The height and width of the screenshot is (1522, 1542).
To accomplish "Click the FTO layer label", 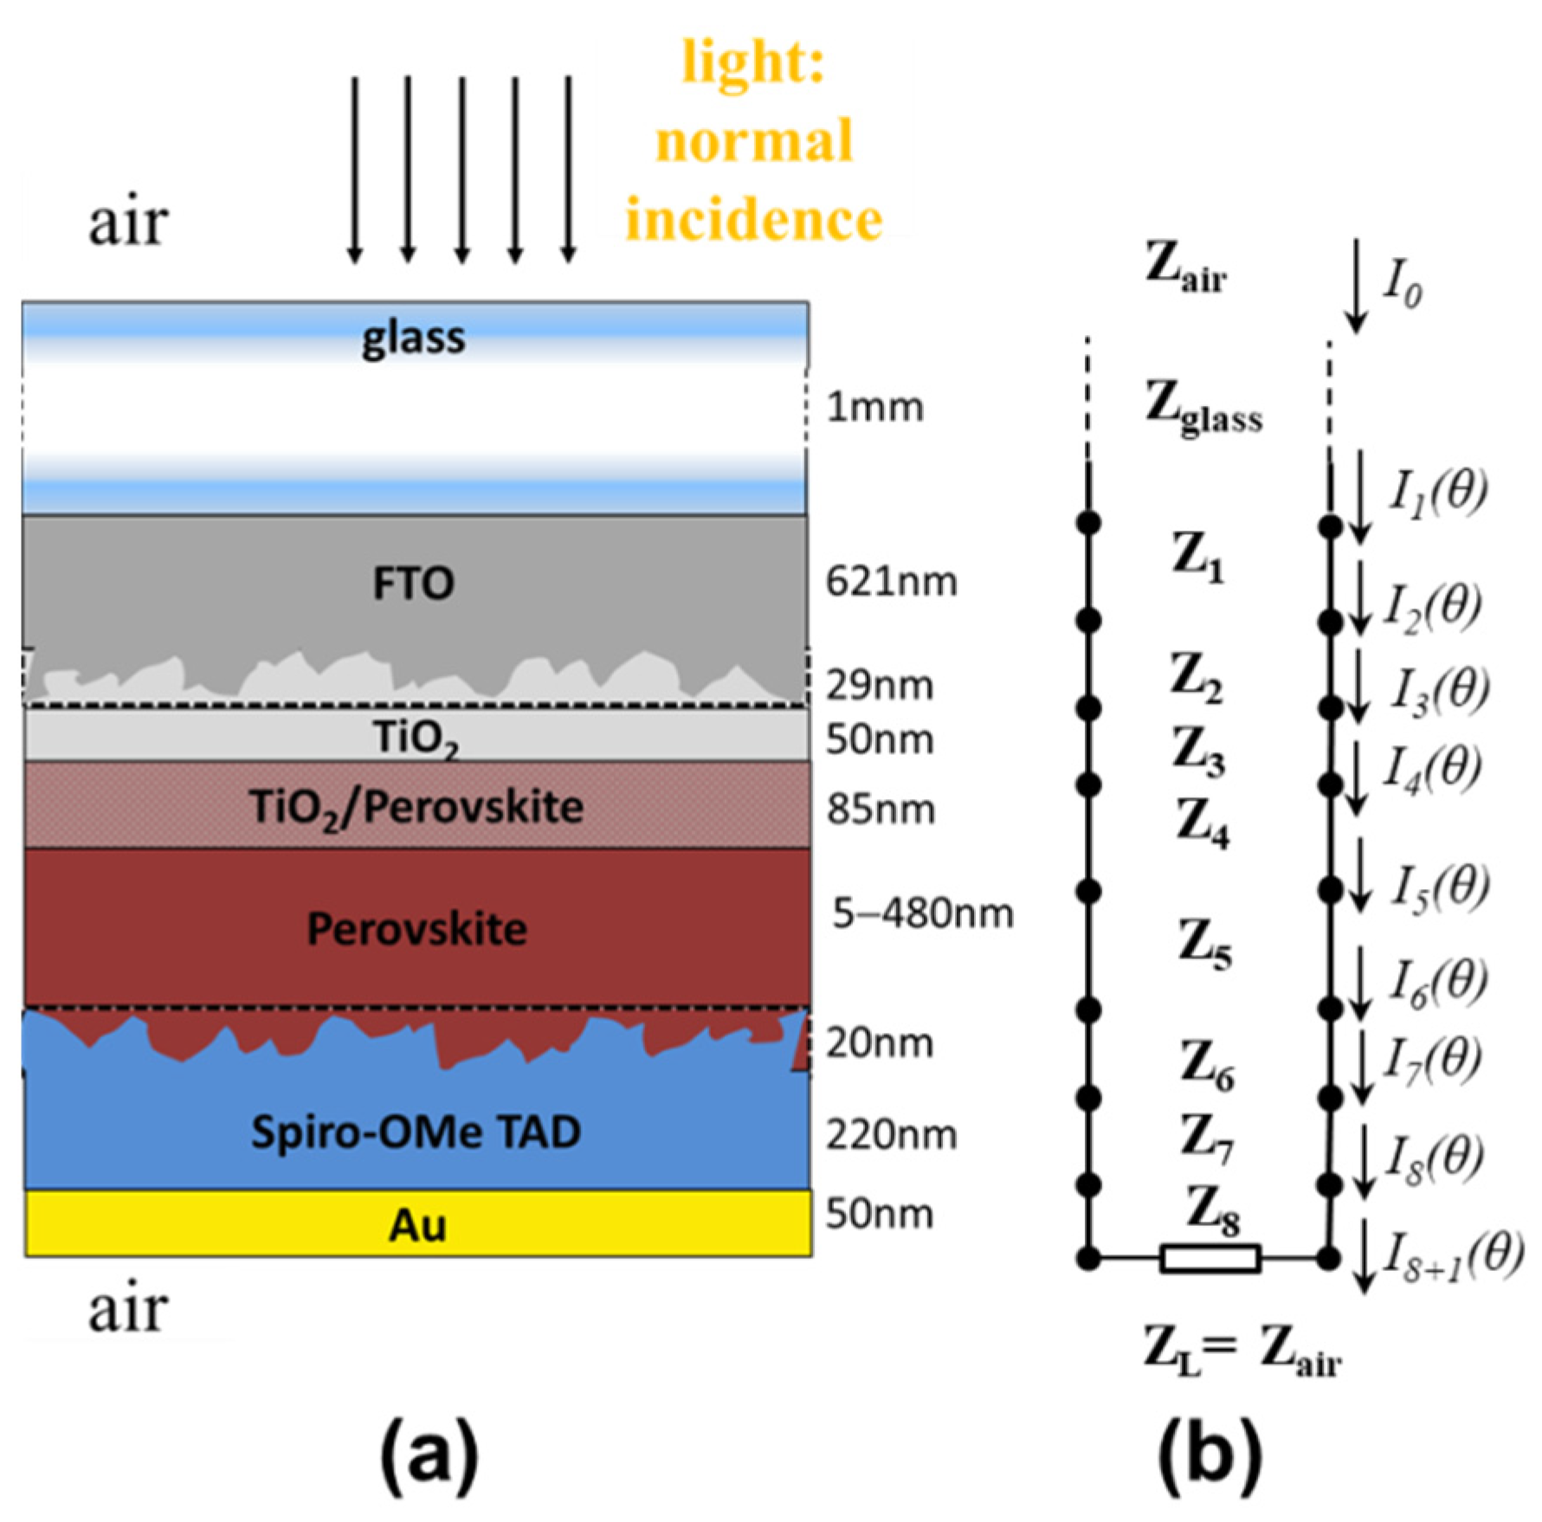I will [x=413, y=584].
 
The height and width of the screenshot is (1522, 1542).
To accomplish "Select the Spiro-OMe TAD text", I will [x=416, y=1132].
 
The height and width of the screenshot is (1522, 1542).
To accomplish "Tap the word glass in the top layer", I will [x=413, y=338].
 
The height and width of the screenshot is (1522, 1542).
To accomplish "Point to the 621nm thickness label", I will [x=891, y=582].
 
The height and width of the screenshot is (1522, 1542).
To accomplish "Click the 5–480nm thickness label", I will [x=923, y=913].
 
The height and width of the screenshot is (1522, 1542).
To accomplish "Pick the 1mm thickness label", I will [x=874, y=407].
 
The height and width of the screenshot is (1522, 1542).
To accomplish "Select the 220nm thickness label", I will [x=891, y=1134].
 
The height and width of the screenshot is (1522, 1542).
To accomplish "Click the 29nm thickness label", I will [x=879, y=686].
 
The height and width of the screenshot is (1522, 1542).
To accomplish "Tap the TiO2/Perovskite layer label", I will [x=416, y=807].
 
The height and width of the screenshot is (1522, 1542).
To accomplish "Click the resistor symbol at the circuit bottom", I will [x=1209, y=1258].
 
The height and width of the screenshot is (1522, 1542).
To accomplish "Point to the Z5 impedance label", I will [x=1204, y=944].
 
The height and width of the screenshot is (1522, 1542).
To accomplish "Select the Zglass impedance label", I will [x=1203, y=407].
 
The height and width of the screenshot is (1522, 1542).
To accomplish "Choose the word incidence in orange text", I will [x=753, y=218].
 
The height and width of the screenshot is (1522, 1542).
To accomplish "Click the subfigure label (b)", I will [x=1209, y=1455].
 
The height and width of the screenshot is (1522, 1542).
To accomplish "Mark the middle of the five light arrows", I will [x=461, y=169].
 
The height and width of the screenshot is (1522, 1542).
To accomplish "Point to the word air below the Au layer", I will [x=127, y=1309].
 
